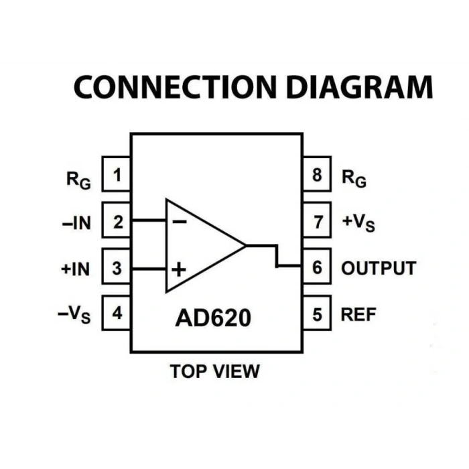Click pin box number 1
(x=117, y=174)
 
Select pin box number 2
(x=117, y=220)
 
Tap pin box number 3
(x=117, y=266)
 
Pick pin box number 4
(x=117, y=313)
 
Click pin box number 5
(x=317, y=313)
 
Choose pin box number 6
(x=317, y=266)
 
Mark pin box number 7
(x=317, y=220)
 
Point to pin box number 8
(x=317, y=174)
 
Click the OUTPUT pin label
(x=379, y=268)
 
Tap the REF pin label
(x=358, y=315)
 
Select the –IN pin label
(x=76, y=223)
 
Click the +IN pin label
(x=75, y=269)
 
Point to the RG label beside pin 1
(x=78, y=180)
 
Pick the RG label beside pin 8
(x=354, y=179)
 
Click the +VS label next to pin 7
(x=358, y=223)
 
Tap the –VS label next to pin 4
(x=74, y=315)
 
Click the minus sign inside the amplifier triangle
(x=180, y=222)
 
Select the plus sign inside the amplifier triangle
(x=179, y=269)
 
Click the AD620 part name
(x=213, y=318)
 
